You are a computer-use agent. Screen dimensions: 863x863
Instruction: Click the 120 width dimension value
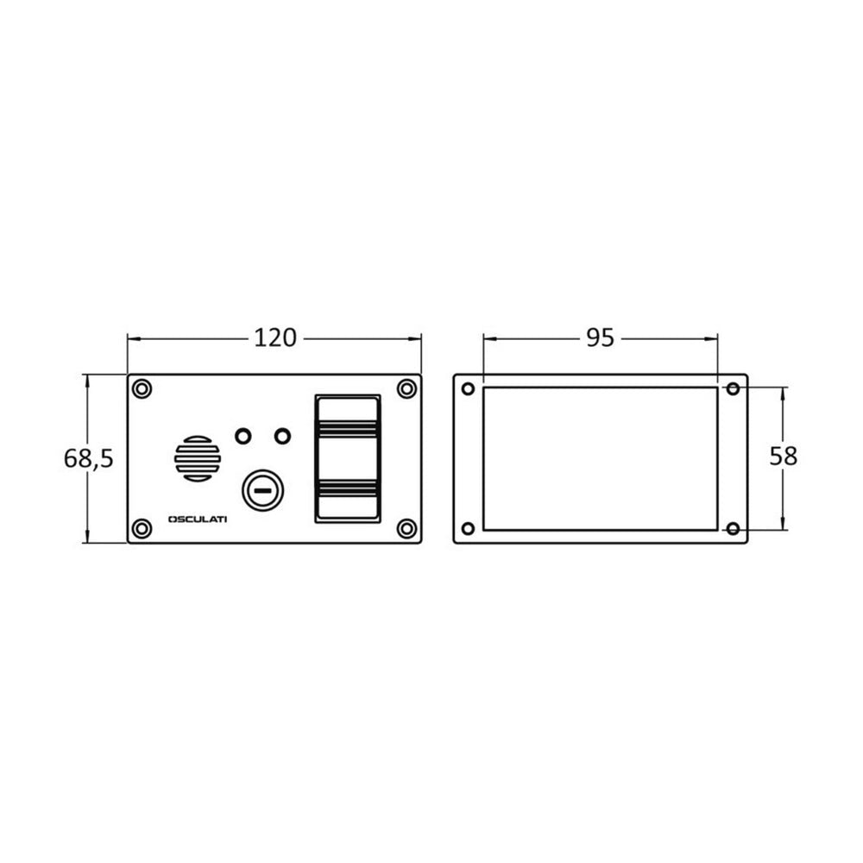pos(274,337)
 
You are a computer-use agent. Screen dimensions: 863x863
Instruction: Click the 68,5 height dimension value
pos(88,458)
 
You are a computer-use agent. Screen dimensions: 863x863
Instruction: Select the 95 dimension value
pos(600,337)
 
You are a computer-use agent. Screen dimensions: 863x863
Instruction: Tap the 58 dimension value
pos(784,457)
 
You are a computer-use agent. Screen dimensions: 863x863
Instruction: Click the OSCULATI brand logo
pos(198,520)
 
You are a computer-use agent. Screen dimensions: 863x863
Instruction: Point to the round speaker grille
pos(198,457)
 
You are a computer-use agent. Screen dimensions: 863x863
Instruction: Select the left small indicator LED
pos(243,436)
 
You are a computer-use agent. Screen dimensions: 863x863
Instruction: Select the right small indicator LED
pos(282,436)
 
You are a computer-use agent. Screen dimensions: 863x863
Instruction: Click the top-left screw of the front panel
pos(142,389)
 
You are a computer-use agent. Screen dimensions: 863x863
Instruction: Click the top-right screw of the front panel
pos(406,389)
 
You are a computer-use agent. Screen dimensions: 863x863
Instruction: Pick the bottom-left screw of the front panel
pos(142,528)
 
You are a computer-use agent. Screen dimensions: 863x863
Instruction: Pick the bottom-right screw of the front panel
pos(406,528)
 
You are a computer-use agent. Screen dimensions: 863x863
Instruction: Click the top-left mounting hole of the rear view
pos(468,388)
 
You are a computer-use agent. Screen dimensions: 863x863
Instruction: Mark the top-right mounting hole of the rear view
pos(733,388)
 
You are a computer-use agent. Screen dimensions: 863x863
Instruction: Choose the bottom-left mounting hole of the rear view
pos(468,528)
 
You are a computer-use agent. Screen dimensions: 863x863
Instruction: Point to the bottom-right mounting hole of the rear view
pos(733,528)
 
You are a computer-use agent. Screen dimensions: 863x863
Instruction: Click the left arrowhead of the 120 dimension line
pos(132,338)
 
